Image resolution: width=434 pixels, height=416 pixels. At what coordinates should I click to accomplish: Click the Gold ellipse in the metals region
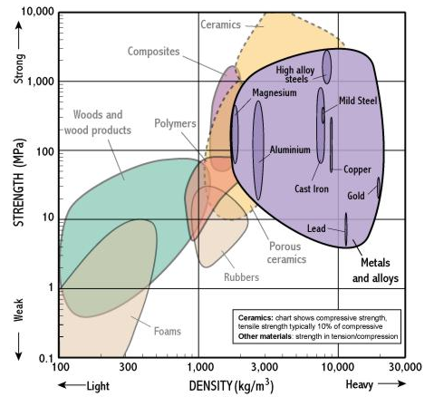pyautogui.click(x=379, y=188)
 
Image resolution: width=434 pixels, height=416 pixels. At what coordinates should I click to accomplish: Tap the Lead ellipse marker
pyautogui.click(x=346, y=229)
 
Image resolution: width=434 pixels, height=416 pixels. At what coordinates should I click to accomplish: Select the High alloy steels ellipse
pyautogui.click(x=326, y=67)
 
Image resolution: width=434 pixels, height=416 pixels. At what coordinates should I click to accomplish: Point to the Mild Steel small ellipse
pyautogui.click(x=323, y=115)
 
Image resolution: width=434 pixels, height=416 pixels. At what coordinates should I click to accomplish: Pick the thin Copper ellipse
pyautogui.click(x=332, y=145)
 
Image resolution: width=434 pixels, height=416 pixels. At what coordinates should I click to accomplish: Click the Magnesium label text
pyautogui.click(x=275, y=92)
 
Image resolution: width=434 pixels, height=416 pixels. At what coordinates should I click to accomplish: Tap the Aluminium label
pyautogui.click(x=290, y=150)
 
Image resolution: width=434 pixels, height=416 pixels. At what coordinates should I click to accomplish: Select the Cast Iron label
pyautogui.click(x=312, y=189)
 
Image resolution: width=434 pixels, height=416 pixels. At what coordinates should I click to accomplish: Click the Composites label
pyautogui.click(x=153, y=52)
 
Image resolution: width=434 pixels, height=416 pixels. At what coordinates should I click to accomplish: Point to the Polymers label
pyautogui.click(x=175, y=123)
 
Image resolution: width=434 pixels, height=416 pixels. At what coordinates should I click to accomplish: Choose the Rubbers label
pyautogui.click(x=241, y=277)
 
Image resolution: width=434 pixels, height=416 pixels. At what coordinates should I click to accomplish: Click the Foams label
pyautogui.click(x=168, y=331)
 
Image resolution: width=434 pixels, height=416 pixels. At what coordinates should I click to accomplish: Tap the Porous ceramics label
pyautogui.click(x=285, y=253)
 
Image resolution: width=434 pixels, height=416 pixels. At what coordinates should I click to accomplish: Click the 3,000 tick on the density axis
pyautogui.click(x=265, y=367)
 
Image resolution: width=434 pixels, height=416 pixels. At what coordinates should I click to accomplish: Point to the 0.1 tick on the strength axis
pyautogui.click(x=46, y=359)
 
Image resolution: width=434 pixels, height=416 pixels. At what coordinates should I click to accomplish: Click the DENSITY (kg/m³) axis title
pyautogui.click(x=231, y=386)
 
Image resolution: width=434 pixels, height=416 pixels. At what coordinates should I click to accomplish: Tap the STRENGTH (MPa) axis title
pyautogui.click(x=19, y=182)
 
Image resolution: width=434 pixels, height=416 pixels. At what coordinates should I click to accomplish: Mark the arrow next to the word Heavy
pyautogui.click(x=391, y=383)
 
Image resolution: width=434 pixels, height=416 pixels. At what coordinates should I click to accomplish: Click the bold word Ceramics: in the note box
pyautogui.click(x=256, y=318)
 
